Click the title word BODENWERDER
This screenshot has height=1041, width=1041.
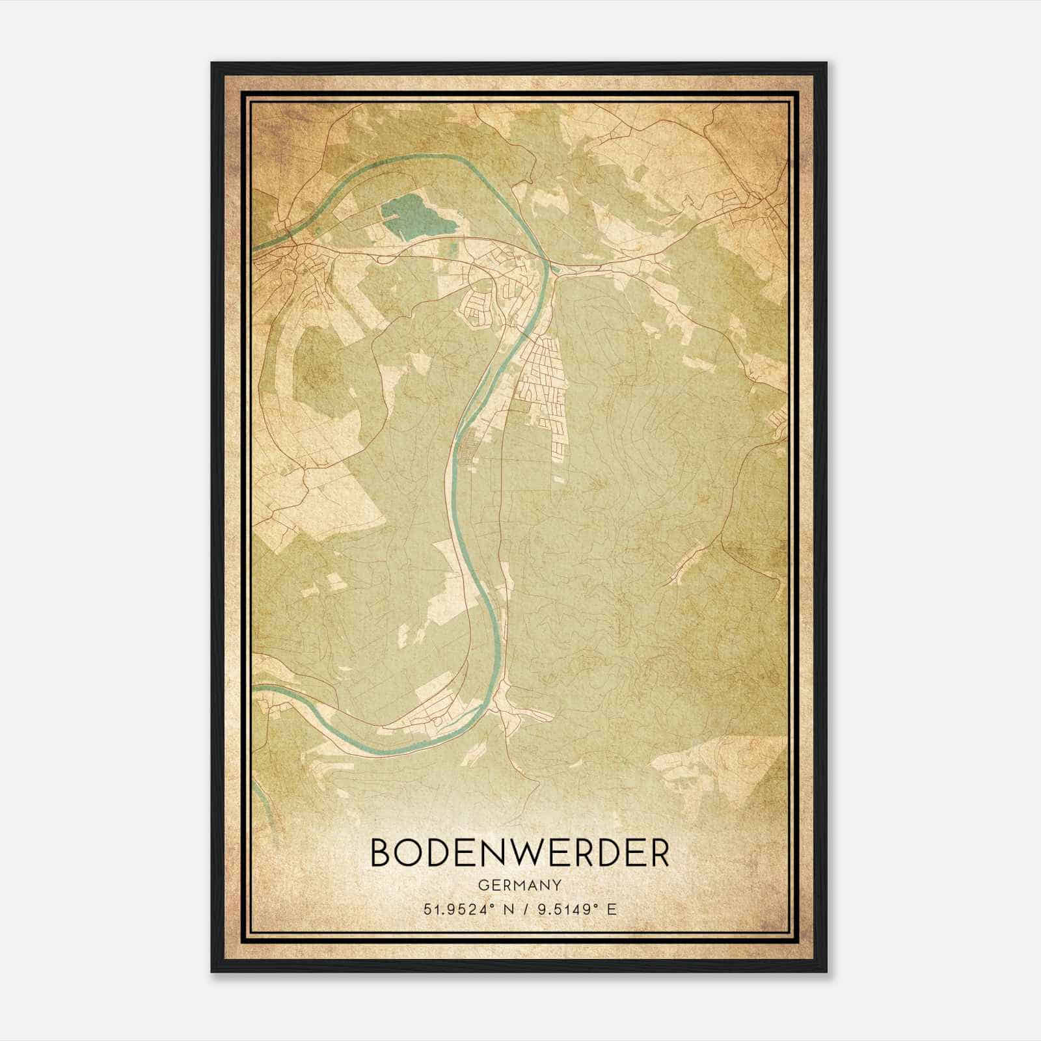pyautogui.click(x=519, y=853)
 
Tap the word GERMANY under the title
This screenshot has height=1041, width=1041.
pyautogui.click(x=519, y=886)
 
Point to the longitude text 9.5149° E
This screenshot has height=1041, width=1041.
pyautogui.click(x=574, y=910)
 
